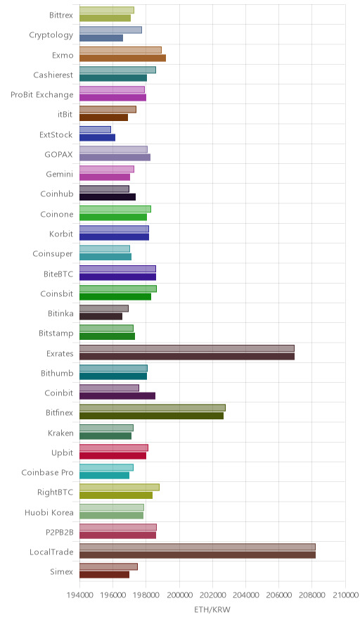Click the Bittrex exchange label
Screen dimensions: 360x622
[61, 15]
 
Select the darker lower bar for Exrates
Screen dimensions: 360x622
[187, 356]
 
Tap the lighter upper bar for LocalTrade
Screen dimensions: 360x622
[198, 547]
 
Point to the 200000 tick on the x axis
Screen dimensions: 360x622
[179, 595]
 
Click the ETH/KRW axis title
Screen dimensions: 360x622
[212, 610]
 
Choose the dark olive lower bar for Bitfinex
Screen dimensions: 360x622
[151, 416]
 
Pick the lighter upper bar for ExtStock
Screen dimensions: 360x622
[95, 129]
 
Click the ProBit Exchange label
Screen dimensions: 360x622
[42, 95]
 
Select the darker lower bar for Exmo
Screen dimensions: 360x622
[122, 58]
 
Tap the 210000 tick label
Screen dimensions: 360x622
[345, 595]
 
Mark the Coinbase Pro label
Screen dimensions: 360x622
[48, 472]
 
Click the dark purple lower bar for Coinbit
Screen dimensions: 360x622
[117, 396]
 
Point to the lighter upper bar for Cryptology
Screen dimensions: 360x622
[110, 30]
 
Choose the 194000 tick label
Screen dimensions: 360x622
[79, 595]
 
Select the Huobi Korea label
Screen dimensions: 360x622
[49, 512]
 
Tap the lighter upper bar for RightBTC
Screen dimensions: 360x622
[120, 487]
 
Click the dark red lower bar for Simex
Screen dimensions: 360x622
[104, 575]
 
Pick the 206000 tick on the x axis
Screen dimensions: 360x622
[278, 595]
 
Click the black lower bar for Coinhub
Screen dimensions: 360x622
[108, 197]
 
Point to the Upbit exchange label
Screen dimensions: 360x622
[63, 452]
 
